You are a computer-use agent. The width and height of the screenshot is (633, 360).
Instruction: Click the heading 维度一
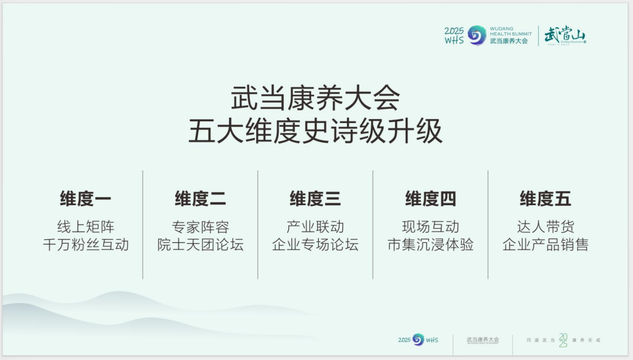tap(86, 199)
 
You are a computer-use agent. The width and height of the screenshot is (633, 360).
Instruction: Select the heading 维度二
tap(200, 199)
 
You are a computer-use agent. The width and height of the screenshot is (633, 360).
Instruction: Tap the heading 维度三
tap(315, 199)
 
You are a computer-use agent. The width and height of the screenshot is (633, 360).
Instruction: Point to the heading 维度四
tap(430, 199)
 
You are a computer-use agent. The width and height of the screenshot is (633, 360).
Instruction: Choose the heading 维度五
tap(545, 199)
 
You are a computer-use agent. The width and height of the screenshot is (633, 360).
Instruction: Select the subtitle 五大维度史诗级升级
tap(315, 131)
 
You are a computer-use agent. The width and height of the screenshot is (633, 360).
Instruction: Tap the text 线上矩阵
tap(86, 227)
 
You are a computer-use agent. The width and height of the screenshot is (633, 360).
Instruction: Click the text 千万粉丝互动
tap(86, 244)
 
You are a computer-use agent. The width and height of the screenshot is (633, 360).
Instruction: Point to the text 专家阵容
tap(200, 227)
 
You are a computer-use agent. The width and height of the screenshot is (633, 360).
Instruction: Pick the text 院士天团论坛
tap(200, 244)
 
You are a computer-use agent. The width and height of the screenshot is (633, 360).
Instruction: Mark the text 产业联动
tap(315, 227)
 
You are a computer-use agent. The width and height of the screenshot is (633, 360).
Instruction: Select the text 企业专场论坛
tap(315, 244)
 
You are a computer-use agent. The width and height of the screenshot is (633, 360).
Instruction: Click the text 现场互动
tap(430, 227)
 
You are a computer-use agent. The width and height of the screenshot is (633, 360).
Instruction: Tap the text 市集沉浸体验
tap(430, 244)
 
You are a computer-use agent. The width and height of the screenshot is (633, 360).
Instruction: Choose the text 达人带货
tap(545, 227)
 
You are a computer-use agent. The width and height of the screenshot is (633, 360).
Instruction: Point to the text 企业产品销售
tap(545, 244)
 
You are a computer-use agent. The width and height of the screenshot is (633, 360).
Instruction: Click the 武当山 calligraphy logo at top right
tap(564, 36)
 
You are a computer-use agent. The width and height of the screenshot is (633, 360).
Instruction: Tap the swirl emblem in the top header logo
tap(477, 36)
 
